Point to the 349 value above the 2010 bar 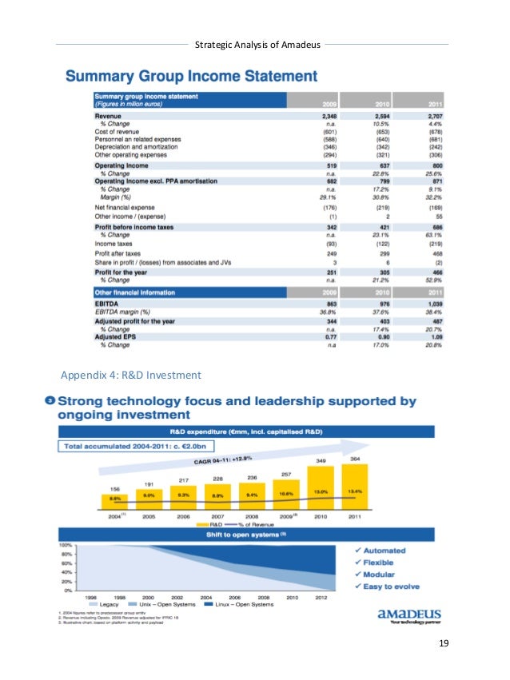320,461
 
